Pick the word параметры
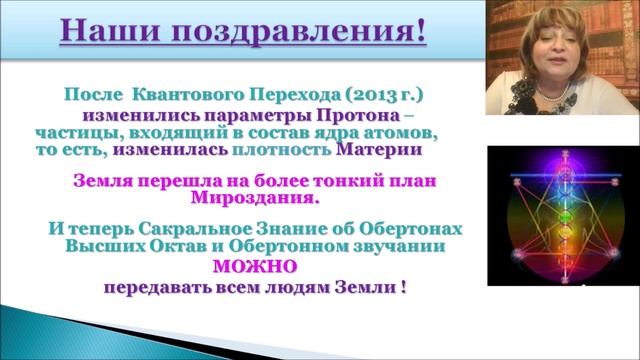294,114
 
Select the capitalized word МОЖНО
254,266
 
